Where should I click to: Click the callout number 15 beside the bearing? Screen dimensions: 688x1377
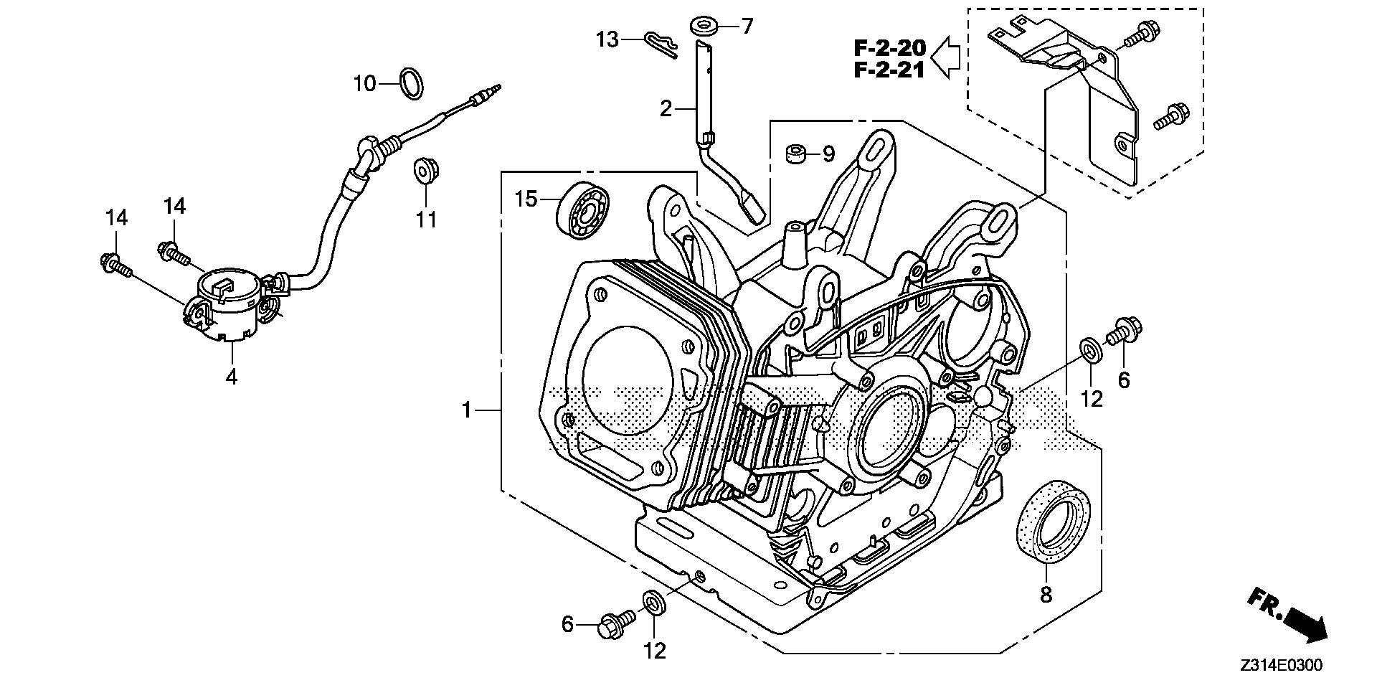tap(526, 199)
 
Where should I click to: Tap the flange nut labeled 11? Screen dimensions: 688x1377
tap(426, 172)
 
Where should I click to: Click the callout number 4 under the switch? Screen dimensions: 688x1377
tap(232, 376)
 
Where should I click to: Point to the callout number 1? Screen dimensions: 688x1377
tap(466, 410)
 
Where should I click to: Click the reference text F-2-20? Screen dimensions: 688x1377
tap(889, 49)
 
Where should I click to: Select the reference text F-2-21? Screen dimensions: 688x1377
tap(889, 70)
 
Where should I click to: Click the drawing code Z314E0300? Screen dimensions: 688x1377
tap(1281, 666)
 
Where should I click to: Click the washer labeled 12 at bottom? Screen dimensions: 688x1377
tap(653, 601)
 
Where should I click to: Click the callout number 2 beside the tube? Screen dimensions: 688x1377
tap(666, 109)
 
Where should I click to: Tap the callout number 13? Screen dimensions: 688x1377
tap(607, 39)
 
